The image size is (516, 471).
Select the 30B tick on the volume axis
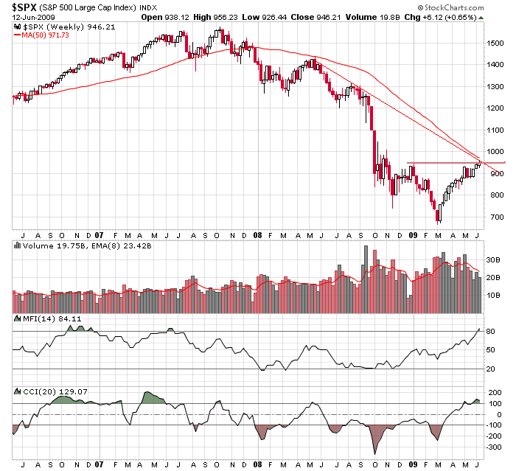tap(494, 260)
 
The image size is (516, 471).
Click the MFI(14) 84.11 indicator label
tap(41, 318)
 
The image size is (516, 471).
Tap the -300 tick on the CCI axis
tap(495, 447)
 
